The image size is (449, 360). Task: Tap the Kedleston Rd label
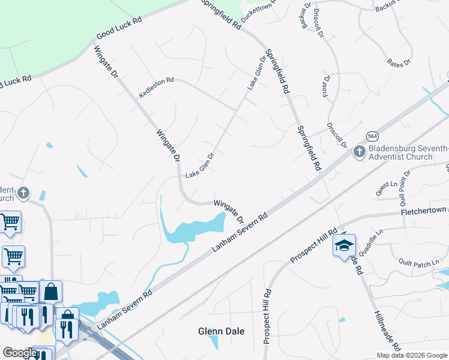pos(156,88)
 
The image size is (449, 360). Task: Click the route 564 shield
pos(373,136)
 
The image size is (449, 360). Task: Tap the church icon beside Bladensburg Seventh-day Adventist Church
pos(359,152)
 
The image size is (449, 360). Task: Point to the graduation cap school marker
pos(344,246)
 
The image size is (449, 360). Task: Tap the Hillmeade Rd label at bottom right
pos(386,330)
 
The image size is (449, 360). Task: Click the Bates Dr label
pos(399,62)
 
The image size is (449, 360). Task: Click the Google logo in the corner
pos(20,353)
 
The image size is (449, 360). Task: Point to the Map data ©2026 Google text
pos(412,355)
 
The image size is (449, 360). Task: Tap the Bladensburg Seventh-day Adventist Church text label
pos(408,152)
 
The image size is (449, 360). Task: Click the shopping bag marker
pos(52,292)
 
